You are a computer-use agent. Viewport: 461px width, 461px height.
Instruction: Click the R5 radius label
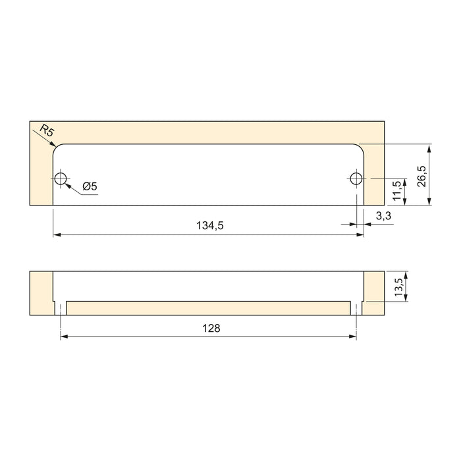(47, 132)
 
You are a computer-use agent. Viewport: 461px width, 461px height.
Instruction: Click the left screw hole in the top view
(61, 178)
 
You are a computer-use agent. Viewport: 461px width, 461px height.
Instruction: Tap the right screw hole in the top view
(356, 178)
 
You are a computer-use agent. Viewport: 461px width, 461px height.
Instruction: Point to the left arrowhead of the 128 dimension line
(65, 336)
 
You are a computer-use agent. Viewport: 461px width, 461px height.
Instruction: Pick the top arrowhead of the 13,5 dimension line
(408, 275)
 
